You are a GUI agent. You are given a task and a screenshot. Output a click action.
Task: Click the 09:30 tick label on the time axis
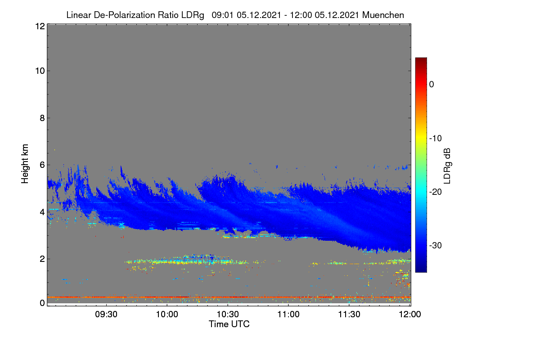[106, 315]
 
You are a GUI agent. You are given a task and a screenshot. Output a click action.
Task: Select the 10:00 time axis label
[167, 315]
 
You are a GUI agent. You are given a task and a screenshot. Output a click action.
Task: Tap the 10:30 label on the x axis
[228, 315]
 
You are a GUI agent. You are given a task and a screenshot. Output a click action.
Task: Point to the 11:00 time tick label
[288, 315]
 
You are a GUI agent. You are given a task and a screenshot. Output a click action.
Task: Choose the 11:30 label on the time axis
[349, 315]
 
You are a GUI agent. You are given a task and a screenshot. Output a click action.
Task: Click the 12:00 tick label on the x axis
[410, 315]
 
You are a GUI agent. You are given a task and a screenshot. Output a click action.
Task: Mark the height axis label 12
[40, 26]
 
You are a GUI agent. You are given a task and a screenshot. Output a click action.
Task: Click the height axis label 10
[40, 71]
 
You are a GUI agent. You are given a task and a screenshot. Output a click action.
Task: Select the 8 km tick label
[42, 118]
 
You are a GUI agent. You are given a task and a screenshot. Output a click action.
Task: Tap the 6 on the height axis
[42, 165]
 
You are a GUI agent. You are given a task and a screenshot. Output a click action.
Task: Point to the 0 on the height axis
[42, 303]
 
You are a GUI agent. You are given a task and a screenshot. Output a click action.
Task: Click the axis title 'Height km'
[25, 164]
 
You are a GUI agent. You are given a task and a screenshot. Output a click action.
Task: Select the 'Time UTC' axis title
[229, 324]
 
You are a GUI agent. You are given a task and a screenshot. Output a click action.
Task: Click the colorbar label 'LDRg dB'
[447, 166]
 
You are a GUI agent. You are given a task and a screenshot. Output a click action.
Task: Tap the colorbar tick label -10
[436, 139]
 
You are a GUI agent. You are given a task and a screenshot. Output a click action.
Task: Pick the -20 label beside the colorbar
[436, 192]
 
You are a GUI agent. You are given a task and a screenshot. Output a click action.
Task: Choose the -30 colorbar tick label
[436, 245]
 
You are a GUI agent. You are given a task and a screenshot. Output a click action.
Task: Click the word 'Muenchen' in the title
[383, 15]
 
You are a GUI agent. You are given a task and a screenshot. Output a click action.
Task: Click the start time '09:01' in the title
[223, 15]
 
